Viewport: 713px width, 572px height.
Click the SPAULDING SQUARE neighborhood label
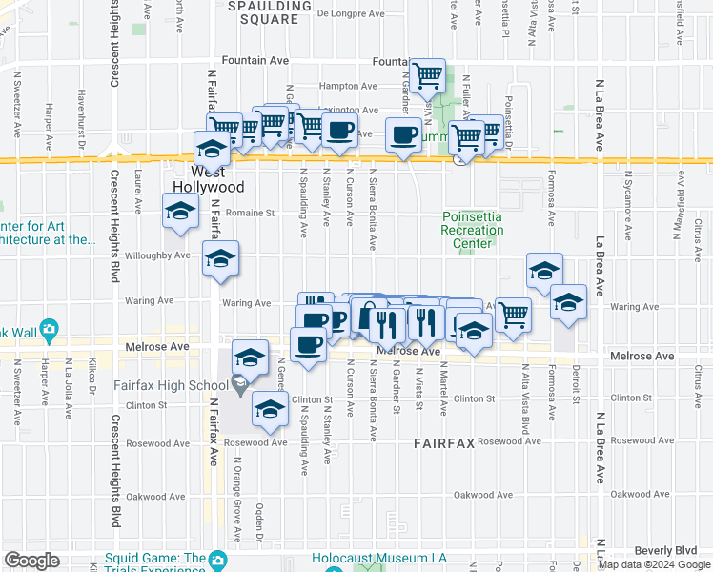click(271, 12)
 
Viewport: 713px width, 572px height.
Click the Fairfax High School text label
click(170, 385)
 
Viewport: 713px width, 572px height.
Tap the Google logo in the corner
click(31, 561)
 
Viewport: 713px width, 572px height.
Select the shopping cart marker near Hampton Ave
click(428, 73)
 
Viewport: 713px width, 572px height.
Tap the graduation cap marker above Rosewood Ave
click(270, 408)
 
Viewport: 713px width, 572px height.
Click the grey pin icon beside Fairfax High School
click(239, 385)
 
